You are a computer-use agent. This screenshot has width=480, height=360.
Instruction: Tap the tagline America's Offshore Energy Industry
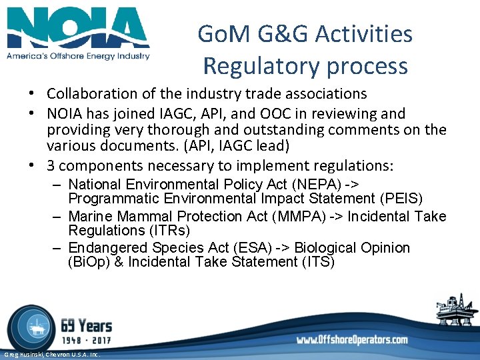pos(78,57)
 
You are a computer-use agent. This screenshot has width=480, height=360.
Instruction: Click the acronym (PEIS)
pos(400,199)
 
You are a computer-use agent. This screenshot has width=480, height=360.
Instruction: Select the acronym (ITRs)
pos(164,231)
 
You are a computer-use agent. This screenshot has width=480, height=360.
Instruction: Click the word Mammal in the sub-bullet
pos(143,217)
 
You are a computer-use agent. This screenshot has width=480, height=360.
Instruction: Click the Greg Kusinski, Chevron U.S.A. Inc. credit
pos(51,355)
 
